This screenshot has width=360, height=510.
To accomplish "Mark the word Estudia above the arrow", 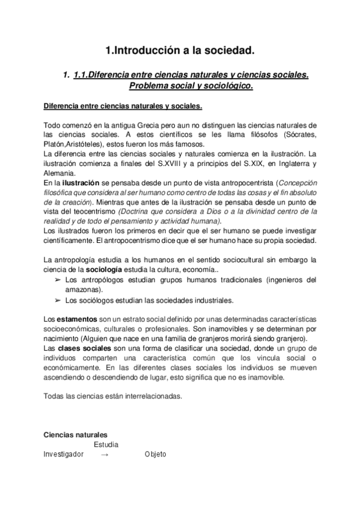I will (x=106, y=444).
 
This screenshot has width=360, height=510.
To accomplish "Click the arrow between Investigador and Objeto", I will (x=105, y=455).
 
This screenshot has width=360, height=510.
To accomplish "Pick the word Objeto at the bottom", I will (x=155, y=454).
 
